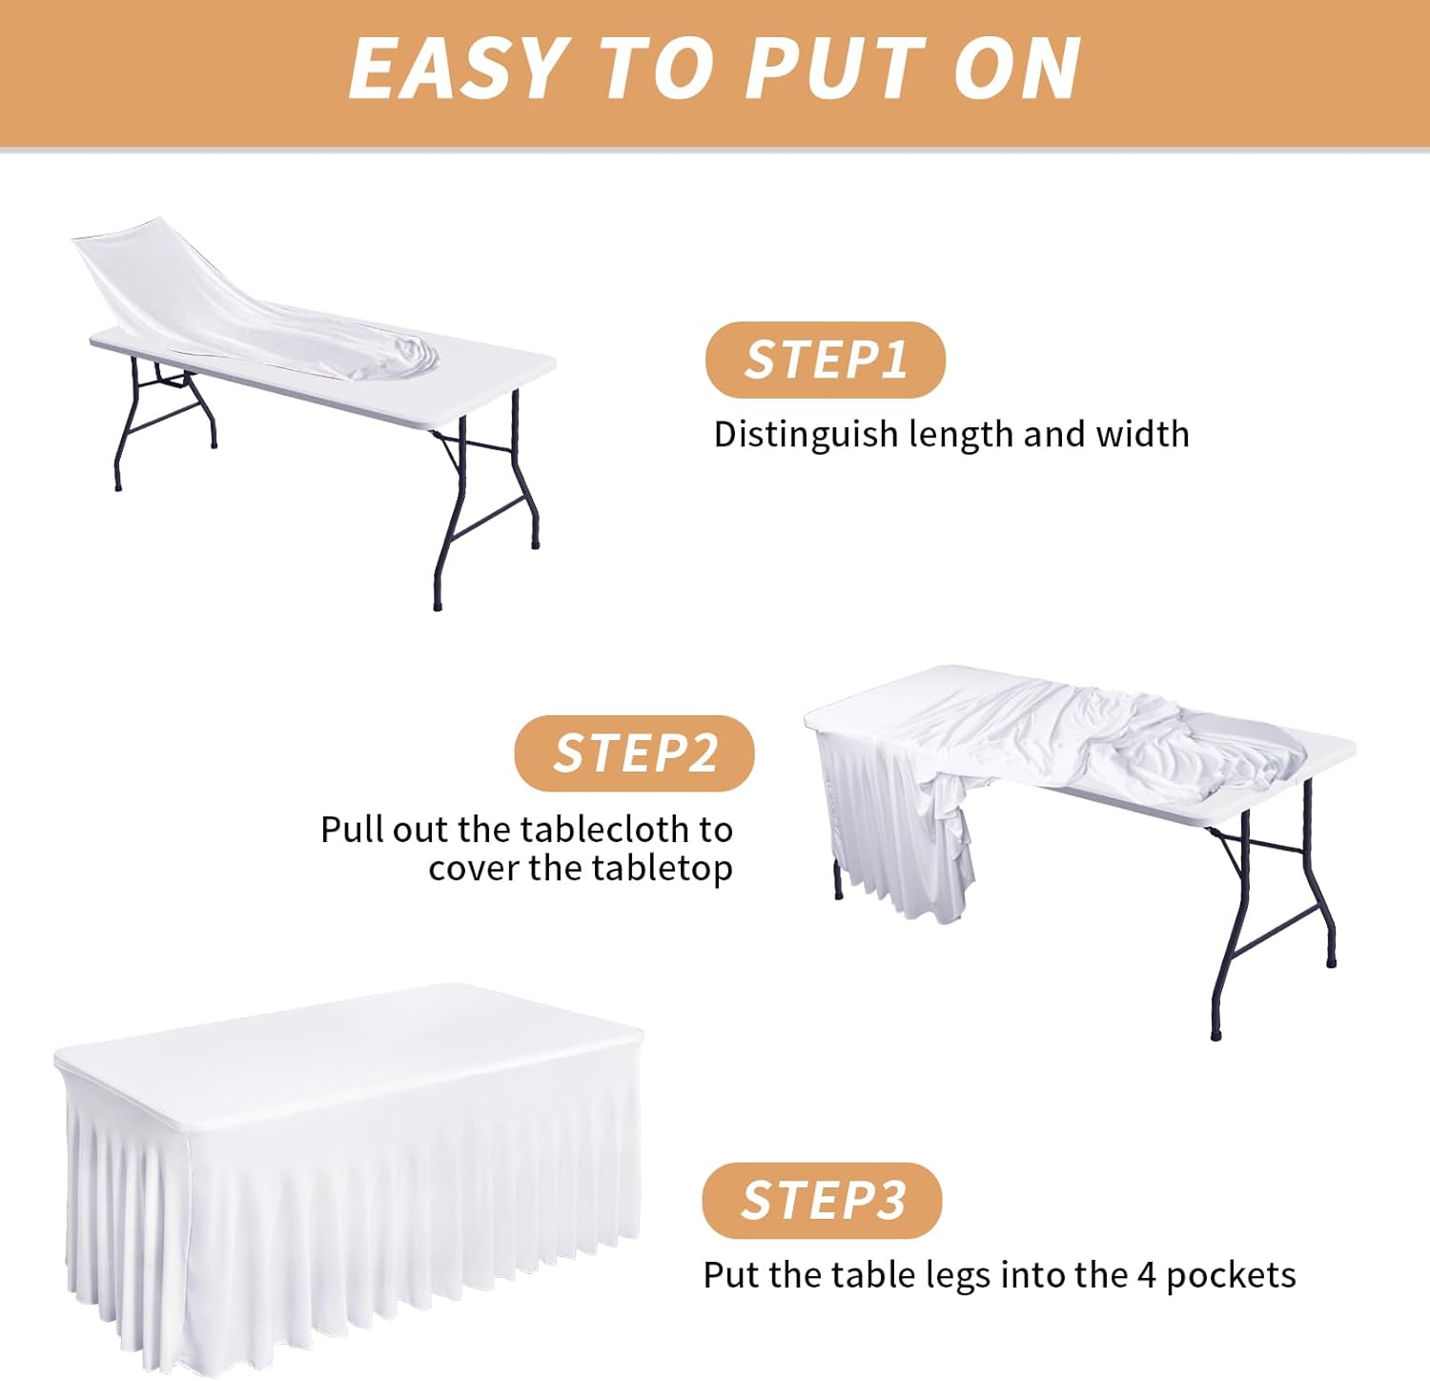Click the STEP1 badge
coord(825,361)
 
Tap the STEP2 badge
coord(634,753)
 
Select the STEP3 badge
coord(822,1201)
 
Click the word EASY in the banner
coord(459,69)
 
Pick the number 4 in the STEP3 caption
coord(1147,1275)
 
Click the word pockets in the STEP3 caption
coord(1231,1276)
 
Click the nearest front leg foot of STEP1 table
coord(438,604)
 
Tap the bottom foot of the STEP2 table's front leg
coord(1215,1033)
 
